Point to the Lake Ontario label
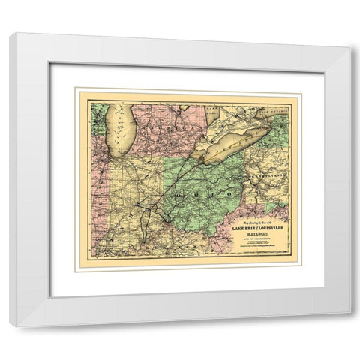[281, 112]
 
